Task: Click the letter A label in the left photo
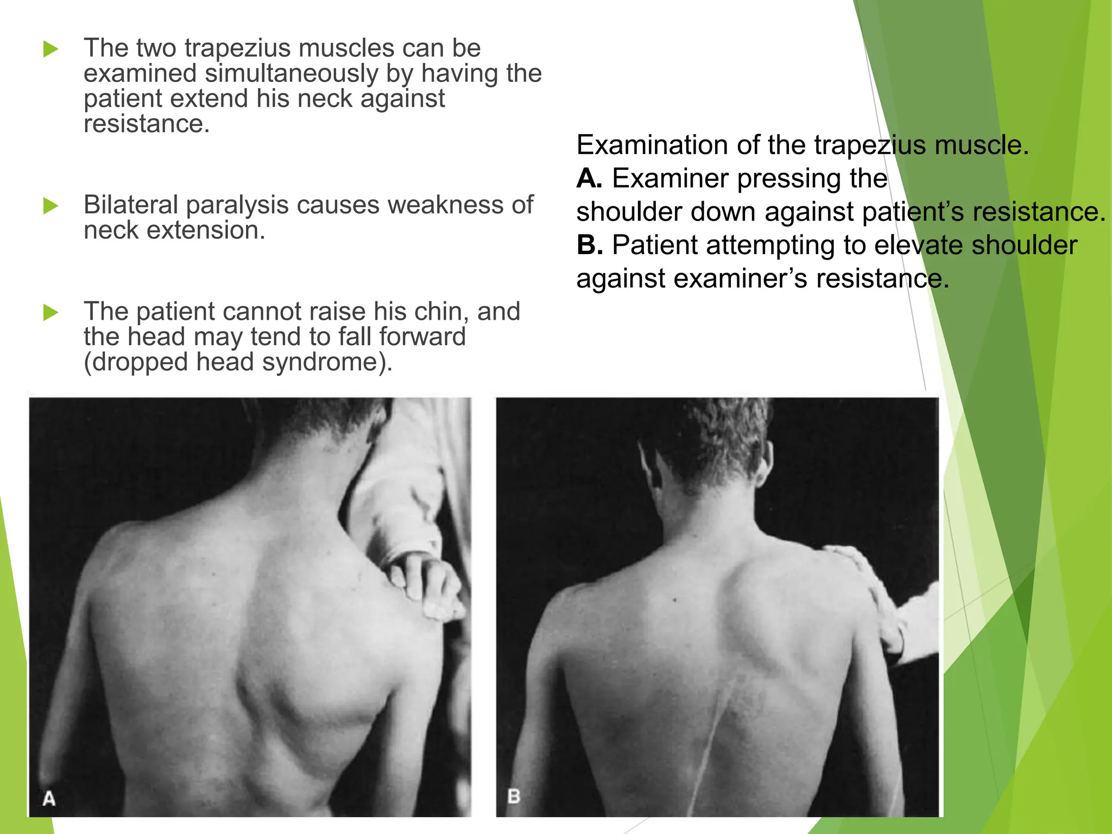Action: click(x=49, y=798)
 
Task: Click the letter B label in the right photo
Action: click(x=514, y=796)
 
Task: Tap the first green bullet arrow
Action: click(x=50, y=49)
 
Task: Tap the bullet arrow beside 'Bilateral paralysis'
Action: click(x=50, y=206)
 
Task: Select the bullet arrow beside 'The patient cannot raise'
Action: click(x=50, y=312)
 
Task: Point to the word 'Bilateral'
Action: click(x=131, y=205)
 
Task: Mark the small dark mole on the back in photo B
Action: click(x=675, y=600)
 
